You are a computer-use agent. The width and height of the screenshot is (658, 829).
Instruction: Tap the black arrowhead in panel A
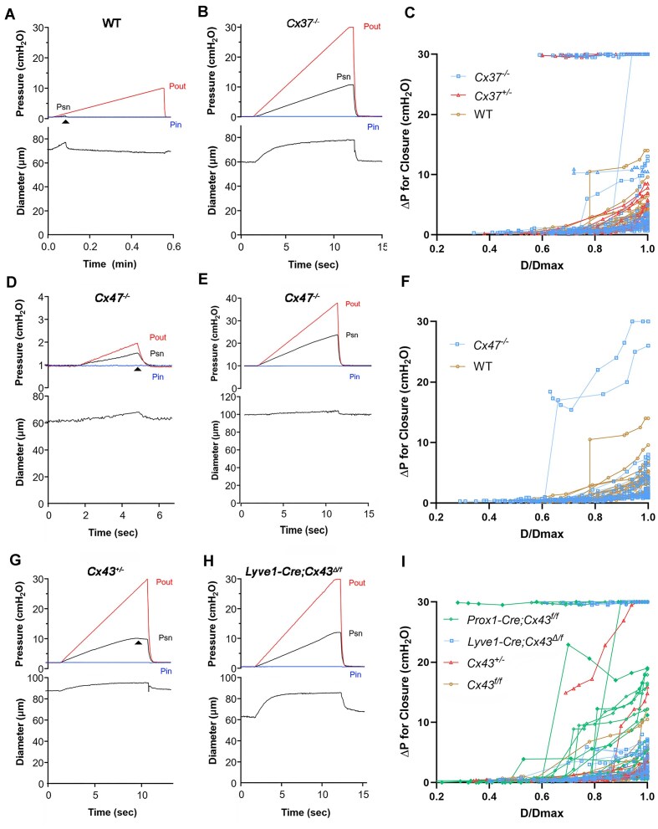pos(66,122)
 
